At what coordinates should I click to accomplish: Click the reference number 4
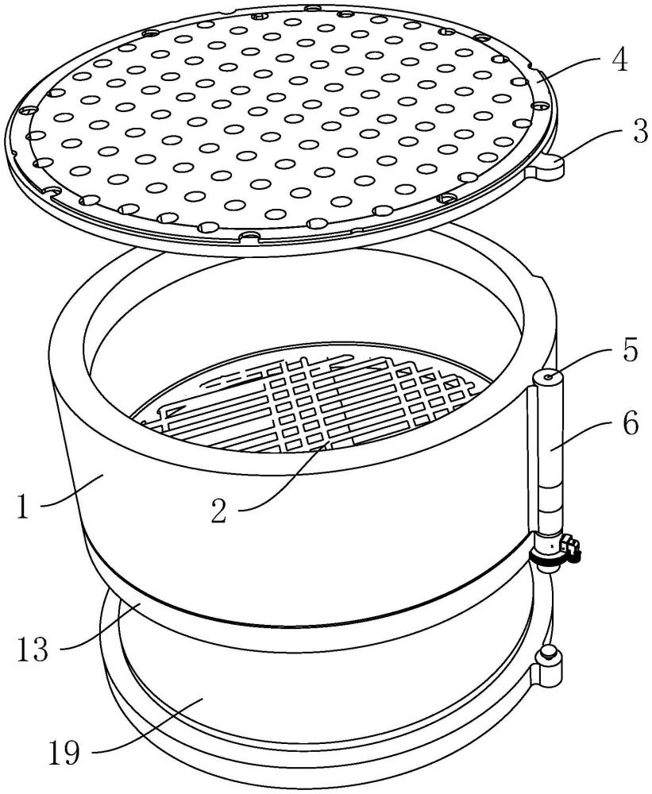click(619, 61)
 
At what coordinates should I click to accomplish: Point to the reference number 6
click(631, 424)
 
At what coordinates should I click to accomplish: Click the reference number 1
click(23, 507)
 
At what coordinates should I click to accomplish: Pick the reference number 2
click(219, 511)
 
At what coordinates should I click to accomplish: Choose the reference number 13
click(33, 649)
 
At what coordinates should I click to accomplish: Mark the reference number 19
click(65, 753)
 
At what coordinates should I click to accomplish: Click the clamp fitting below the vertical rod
click(555, 552)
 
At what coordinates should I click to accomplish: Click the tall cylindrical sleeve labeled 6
click(550, 456)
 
